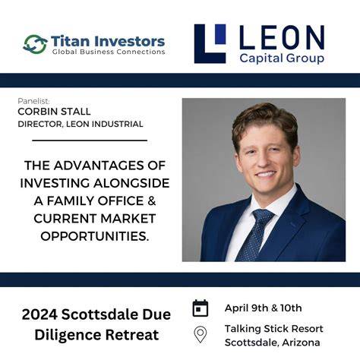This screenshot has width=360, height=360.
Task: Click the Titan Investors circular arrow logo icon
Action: (x=35, y=44)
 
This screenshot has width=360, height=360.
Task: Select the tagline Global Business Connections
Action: (x=109, y=52)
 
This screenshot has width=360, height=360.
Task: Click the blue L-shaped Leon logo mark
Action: (x=210, y=43)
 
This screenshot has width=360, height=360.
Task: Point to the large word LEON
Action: (x=282, y=37)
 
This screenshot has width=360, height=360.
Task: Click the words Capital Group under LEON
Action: (x=282, y=58)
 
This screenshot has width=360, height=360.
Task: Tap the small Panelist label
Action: (x=33, y=101)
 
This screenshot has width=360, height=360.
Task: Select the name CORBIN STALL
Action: (x=54, y=112)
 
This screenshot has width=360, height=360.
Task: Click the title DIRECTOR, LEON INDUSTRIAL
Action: (x=81, y=124)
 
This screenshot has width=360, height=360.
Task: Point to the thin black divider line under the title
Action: (x=90, y=140)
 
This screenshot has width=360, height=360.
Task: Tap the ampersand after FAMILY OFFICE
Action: (x=151, y=201)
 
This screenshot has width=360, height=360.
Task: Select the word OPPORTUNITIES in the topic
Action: (x=94, y=236)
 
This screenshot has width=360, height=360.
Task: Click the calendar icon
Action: (x=201, y=308)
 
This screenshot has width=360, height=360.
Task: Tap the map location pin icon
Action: (x=201, y=335)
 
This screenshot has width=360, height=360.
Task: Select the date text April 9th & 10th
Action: (x=264, y=308)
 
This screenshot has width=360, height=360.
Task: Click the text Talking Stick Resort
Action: (x=274, y=329)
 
